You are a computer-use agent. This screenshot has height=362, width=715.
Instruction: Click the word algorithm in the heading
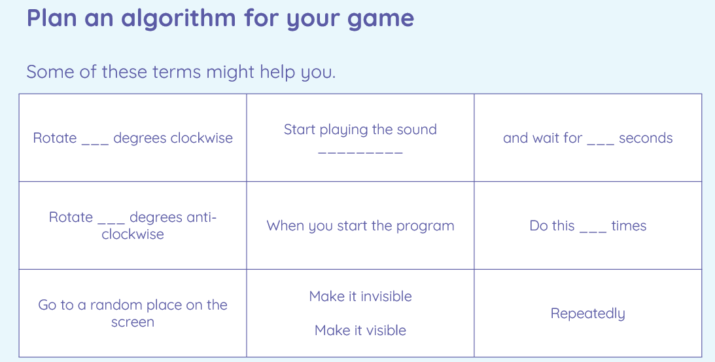pos(179,19)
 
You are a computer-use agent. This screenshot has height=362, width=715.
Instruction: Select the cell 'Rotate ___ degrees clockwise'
pos(133,138)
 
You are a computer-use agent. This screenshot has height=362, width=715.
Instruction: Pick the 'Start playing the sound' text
pos(360,130)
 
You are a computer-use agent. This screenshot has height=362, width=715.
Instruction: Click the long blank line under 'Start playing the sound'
pos(360,153)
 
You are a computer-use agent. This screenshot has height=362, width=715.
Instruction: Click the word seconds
pos(646,138)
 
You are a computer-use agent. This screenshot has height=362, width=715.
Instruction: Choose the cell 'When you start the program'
pos(360,225)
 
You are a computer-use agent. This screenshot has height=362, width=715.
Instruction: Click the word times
pos(629,226)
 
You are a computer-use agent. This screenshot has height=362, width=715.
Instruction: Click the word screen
pos(133,322)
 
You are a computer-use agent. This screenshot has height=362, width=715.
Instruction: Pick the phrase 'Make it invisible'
pos(360,297)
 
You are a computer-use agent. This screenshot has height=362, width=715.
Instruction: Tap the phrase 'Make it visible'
pos(360,330)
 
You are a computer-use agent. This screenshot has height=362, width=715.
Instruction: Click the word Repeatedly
pos(588,314)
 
